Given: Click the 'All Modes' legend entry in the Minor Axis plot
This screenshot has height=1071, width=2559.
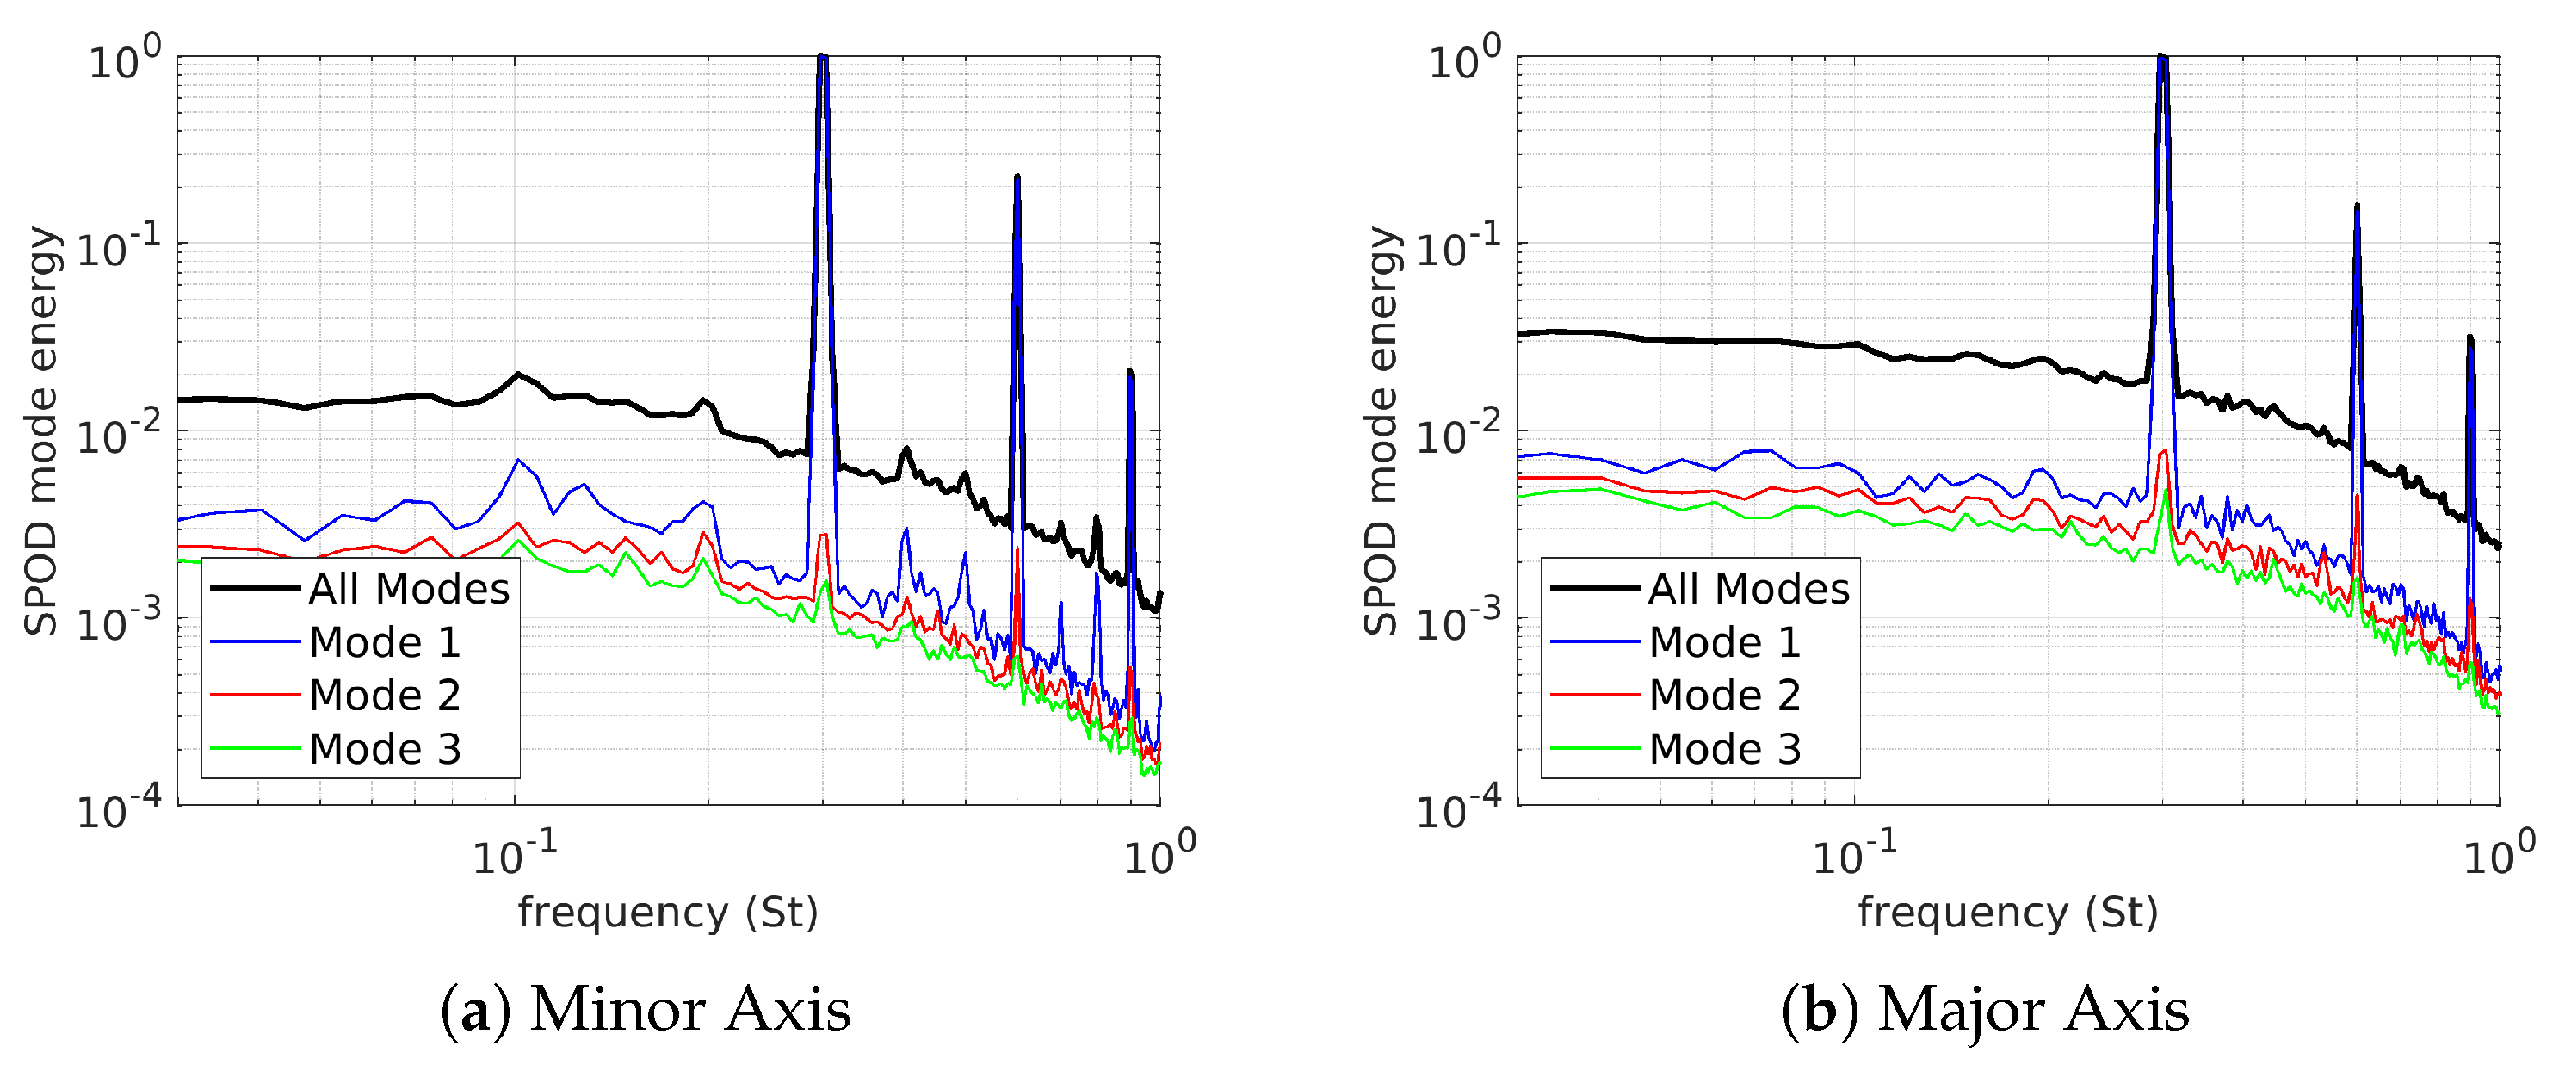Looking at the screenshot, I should tap(408, 589).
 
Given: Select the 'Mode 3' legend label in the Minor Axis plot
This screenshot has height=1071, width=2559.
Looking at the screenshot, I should tap(385, 749).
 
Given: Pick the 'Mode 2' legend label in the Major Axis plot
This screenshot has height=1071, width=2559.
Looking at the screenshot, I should tap(1725, 696).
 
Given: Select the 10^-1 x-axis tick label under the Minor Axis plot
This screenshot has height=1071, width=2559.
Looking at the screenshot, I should tap(514, 854).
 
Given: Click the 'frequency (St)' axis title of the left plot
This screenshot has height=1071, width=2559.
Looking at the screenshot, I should tap(668, 912).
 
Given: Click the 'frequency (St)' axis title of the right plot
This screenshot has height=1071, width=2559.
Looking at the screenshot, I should tap(2007, 912).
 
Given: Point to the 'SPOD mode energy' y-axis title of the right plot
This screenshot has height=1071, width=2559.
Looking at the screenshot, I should tap(1381, 430).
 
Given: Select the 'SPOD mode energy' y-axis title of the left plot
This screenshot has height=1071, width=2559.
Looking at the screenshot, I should tap(40, 430).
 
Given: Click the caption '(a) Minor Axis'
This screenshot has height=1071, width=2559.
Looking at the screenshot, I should tap(646, 1009).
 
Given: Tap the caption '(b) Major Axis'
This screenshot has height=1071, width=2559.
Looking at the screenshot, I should tap(1985, 1009).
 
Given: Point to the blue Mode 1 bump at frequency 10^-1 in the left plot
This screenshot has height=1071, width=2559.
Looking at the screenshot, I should tap(517, 460).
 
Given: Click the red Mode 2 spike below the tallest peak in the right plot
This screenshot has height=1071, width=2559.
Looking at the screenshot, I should tap(2163, 452).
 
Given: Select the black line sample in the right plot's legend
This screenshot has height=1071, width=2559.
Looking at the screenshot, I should tap(1594, 589).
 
